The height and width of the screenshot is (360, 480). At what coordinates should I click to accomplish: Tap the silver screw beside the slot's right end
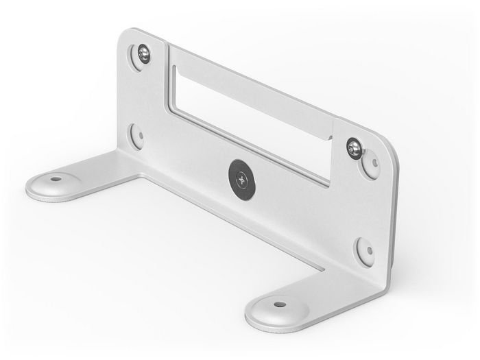(x=354, y=146)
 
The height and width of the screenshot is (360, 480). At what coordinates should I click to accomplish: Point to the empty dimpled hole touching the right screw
(x=370, y=165)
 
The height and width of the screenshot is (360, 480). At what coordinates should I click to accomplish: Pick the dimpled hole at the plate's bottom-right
(x=363, y=252)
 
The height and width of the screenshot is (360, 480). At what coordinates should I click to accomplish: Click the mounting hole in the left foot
(x=56, y=180)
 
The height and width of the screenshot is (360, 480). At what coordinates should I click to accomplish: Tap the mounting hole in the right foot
(x=279, y=303)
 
